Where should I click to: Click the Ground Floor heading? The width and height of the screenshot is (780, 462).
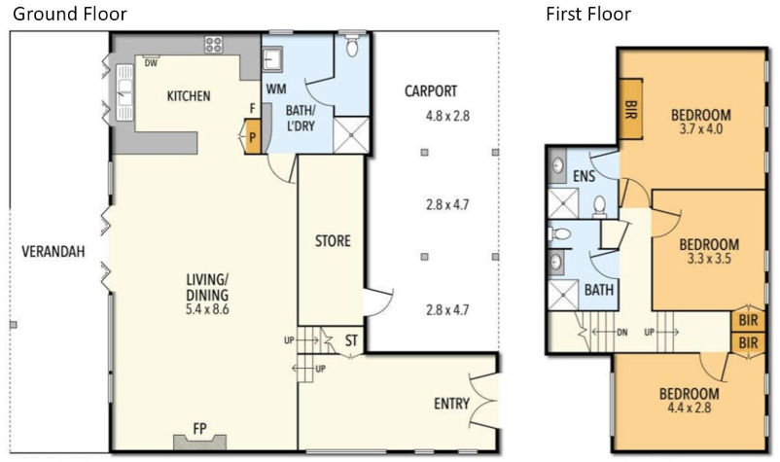[69, 14]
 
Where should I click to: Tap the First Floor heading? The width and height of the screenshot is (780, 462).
[587, 14]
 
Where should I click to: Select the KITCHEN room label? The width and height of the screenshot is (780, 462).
[189, 96]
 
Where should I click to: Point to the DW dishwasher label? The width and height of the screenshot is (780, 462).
[151, 64]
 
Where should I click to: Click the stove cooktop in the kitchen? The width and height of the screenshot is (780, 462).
[213, 44]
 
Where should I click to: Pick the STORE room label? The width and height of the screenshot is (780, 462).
[333, 241]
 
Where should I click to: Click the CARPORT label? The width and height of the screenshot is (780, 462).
[431, 91]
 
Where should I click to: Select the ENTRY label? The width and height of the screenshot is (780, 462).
[450, 405]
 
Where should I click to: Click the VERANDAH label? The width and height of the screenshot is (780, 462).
[53, 252]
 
